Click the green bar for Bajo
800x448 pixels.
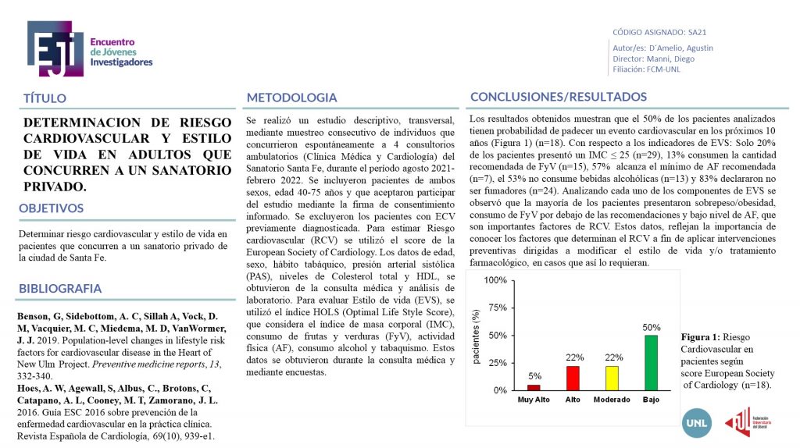[651, 362]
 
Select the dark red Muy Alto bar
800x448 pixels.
[534, 387]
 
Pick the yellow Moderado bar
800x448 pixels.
[612, 378]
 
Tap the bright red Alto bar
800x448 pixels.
[573, 378]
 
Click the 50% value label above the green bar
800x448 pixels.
[652, 328]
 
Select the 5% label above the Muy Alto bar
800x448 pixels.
[534, 376]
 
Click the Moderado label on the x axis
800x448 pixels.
[612, 400]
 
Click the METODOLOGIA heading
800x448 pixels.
[291, 98]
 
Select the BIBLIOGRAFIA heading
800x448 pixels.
[61, 289]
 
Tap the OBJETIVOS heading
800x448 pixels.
[51, 208]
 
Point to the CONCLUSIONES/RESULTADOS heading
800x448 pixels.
[558, 97]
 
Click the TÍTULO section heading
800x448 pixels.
[45, 98]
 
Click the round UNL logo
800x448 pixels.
[696, 422]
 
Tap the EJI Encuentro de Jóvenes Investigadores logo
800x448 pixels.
[90, 48]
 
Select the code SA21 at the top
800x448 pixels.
[697, 34]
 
